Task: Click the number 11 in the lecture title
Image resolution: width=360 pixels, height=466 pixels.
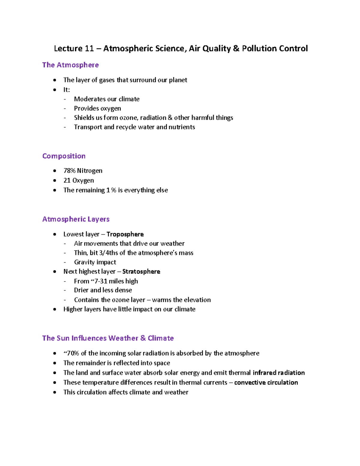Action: (x=89, y=49)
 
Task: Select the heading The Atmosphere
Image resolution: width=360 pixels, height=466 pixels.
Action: (x=70, y=65)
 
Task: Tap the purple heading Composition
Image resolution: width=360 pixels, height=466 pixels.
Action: (x=64, y=156)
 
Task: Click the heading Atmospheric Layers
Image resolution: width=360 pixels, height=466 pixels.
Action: (x=76, y=219)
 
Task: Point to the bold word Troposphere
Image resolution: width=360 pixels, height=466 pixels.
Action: (x=125, y=234)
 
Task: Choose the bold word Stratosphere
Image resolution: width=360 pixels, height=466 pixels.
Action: (x=141, y=272)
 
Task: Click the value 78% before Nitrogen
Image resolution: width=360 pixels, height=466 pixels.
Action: (x=69, y=171)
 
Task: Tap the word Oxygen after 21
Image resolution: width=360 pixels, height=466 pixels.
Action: (x=83, y=180)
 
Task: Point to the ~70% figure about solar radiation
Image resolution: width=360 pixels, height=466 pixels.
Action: (x=71, y=353)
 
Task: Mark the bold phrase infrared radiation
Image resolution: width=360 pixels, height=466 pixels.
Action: (x=279, y=373)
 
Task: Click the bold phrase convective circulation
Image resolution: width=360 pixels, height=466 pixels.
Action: (x=266, y=383)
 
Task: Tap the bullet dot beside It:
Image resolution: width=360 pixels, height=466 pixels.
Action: (x=55, y=90)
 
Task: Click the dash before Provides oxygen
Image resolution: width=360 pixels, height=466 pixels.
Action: (x=65, y=109)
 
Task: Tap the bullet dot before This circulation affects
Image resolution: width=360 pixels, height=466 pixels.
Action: (x=55, y=392)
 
